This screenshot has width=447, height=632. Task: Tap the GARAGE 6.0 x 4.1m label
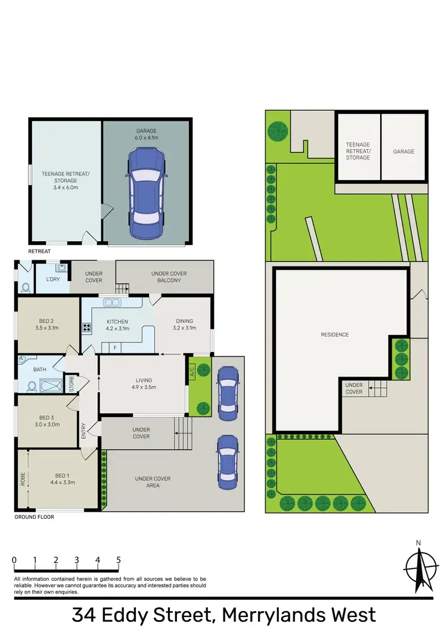146,134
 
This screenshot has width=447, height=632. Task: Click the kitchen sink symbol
112,303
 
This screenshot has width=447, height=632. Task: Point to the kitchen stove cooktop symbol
86,327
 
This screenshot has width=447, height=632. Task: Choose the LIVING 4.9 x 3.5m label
143,384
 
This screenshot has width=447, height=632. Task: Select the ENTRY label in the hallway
83,430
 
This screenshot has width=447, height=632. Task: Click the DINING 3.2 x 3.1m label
183,325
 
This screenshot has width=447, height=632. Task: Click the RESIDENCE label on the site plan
334,335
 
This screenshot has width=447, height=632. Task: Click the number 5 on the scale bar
119,561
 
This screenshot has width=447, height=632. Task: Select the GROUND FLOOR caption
34,517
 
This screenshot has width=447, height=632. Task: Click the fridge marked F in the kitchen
114,347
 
